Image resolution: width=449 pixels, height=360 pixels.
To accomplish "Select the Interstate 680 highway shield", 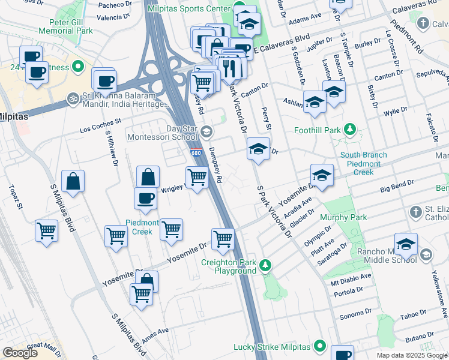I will [196, 153].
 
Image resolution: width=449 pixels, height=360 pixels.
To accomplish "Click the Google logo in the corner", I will [20, 353].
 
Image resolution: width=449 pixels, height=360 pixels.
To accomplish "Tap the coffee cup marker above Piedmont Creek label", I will [145, 199].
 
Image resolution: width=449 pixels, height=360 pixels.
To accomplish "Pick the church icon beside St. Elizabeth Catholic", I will [416, 212].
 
